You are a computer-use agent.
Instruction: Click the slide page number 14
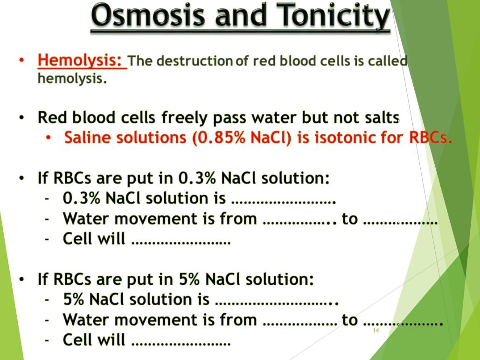[x=376, y=331]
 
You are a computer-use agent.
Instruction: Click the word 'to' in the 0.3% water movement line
[x=350, y=219]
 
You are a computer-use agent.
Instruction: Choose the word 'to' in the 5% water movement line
[x=350, y=320]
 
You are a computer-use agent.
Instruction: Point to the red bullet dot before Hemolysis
[x=22, y=61]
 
